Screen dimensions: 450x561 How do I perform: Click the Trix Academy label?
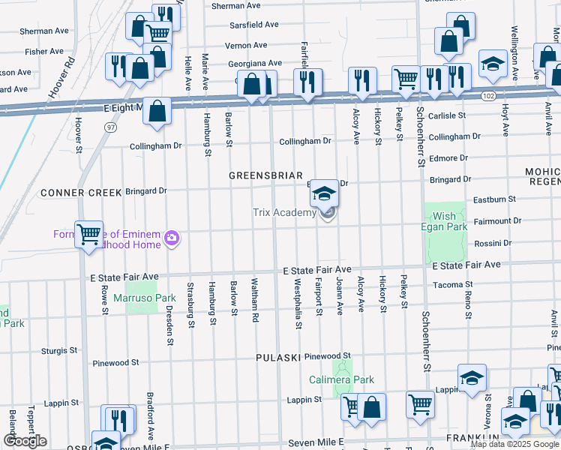tap(284, 213)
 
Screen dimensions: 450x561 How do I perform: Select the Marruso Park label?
tap(144, 298)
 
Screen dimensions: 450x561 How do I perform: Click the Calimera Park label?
tap(343, 380)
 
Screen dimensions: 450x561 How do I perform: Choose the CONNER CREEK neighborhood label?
tap(81, 193)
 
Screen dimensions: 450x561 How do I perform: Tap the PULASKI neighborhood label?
tap(277, 358)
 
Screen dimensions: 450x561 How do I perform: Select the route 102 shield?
tap(488, 96)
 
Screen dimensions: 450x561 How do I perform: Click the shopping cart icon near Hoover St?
tap(88, 235)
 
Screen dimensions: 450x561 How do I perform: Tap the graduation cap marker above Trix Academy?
tap(324, 194)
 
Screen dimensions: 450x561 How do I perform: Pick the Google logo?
tap(25, 441)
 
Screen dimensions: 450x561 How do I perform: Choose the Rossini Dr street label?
tap(492, 243)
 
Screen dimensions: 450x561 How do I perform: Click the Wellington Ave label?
tap(514, 46)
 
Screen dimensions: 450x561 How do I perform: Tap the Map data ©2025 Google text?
tap(515, 444)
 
